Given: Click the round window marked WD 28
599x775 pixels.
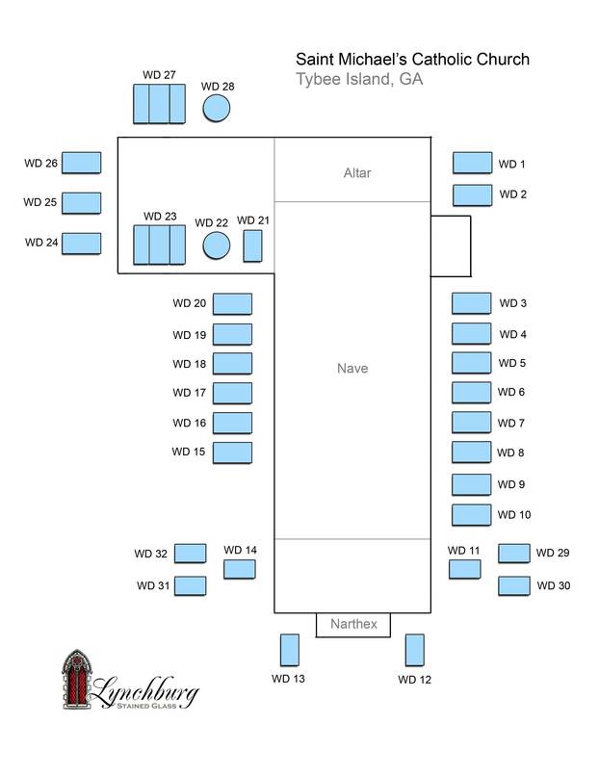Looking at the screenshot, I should tap(217, 108).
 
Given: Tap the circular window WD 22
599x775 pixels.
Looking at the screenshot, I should tap(217, 245).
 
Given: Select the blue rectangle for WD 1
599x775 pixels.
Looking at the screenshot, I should tap(472, 163).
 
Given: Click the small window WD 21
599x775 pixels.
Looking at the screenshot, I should tap(252, 245).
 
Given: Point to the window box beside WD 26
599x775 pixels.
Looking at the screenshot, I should tap(82, 163).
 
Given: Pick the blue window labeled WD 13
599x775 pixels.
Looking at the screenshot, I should tap(289, 650).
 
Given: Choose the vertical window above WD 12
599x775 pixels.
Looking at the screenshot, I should tap(415, 650).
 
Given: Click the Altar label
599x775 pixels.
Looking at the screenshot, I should tap(357, 173).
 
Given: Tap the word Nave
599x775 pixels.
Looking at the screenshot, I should tap(352, 369).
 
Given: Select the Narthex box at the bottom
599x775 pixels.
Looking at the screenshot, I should tap(353, 625).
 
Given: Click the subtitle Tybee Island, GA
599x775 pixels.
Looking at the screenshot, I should tap(359, 80).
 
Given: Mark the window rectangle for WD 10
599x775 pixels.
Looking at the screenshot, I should tap(471, 514).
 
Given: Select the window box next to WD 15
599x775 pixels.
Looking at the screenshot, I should tap(232, 452).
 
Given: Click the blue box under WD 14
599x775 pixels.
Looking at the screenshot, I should tap(239, 568).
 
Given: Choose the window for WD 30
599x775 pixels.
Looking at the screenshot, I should tap(513, 585).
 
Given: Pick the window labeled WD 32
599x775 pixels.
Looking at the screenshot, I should tap(190, 554).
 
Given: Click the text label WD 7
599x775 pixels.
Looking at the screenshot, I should tap(510, 423).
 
